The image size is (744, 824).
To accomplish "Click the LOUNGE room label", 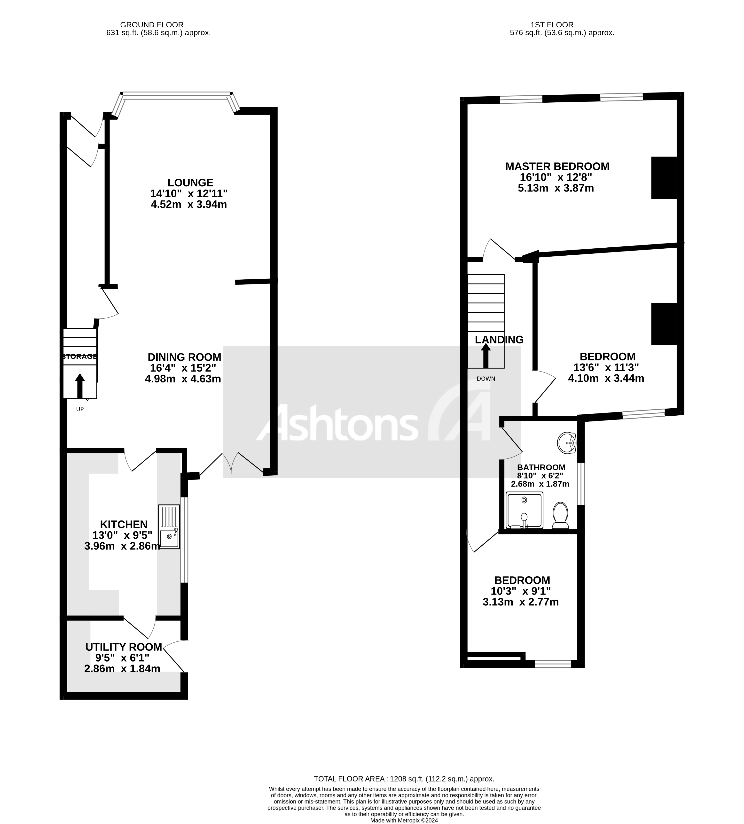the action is pyautogui.click(x=190, y=183).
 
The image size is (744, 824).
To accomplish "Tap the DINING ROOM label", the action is pyautogui.click(x=184, y=357).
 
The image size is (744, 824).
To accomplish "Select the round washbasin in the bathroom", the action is pyautogui.click(x=567, y=443).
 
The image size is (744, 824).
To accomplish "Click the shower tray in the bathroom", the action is pyautogui.click(x=525, y=510).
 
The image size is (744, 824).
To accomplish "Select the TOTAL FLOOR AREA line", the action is pyautogui.click(x=404, y=779).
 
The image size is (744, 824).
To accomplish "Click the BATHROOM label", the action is pyautogui.click(x=541, y=467).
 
